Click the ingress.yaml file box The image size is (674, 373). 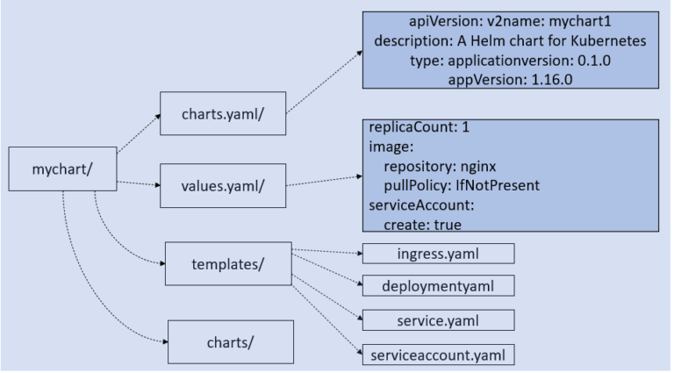438,255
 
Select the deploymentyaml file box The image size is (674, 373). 438,286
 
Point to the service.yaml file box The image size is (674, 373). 438,320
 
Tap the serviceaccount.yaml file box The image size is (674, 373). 438,354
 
